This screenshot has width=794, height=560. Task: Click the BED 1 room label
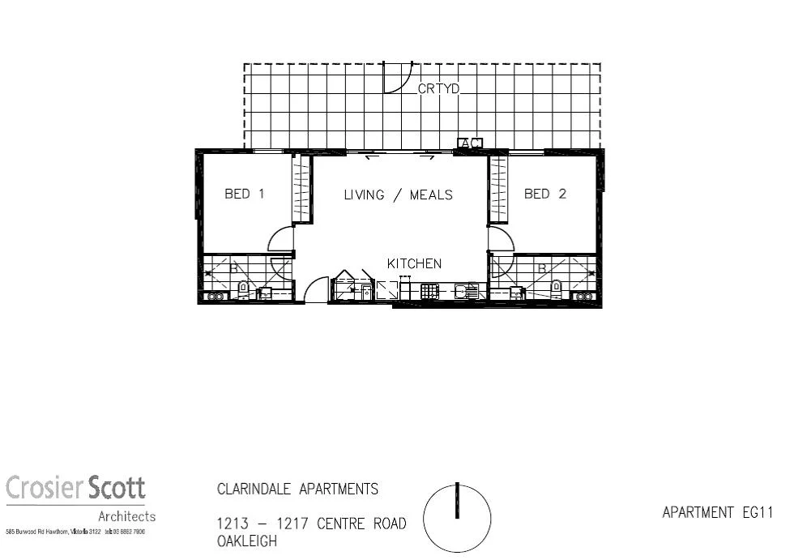(x=244, y=195)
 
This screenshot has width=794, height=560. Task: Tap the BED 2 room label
(x=544, y=195)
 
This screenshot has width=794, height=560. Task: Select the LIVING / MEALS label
(x=398, y=195)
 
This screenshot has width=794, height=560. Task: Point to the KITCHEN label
(x=414, y=263)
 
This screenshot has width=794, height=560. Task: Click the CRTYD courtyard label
(x=438, y=89)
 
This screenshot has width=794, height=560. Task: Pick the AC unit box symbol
(x=470, y=143)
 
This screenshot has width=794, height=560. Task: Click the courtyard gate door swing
(x=396, y=78)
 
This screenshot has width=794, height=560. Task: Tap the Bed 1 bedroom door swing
(x=281, y=240)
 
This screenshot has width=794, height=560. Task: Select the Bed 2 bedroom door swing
(x=501, y=240)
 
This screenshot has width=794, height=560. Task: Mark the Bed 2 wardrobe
(x=497, y=189)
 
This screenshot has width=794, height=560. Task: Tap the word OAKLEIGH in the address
(x=247, y=541)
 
